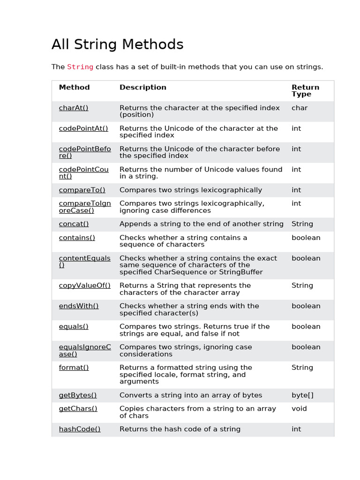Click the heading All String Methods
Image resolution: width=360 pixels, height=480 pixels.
tap(117, 45)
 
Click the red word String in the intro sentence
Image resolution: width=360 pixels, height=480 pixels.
tap(80, 67)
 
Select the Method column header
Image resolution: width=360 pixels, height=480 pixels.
tap(74, 87)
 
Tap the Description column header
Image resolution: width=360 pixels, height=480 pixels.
tap(143, 87)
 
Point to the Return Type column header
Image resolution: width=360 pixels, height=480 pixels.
tap(305, 90)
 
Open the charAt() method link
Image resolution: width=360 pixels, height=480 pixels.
tap(74, 108)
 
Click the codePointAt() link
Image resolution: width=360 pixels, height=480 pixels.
tap(83, 128)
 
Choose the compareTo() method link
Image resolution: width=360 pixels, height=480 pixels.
tap(82, 190)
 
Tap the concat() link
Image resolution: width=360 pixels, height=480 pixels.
tap(74, 224)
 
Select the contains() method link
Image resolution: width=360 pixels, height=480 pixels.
tap(77, 238)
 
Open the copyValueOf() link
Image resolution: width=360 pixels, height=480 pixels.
tap(85, 285)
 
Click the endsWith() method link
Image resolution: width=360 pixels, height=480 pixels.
tap(79, 306)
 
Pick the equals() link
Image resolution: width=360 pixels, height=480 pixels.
tap(74, 327)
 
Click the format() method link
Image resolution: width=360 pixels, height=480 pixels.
tap(74, 367)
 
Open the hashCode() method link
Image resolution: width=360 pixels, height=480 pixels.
tap(80, 429)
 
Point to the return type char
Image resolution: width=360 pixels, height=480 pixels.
tap(300, 108)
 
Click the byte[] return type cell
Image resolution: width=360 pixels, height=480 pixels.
tap(302, 395)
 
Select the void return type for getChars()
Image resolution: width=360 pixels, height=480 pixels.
tap(299, 409)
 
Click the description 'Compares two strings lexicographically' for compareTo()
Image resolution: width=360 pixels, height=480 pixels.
tap(191, 190)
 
